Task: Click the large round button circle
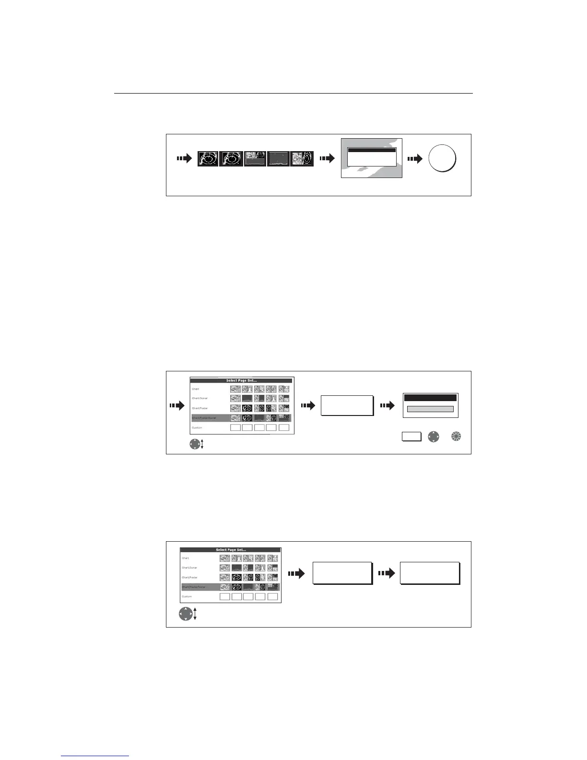[x=442, y=159]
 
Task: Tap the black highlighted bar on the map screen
[x=372, y=150]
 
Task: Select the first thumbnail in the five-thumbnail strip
[x=208, y=159]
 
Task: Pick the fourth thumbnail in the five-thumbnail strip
[x=278, y=159]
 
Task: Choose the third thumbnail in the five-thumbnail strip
[x=255, y=159]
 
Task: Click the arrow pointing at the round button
[x=414, y=159]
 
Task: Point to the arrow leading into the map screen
[x=328, y=159]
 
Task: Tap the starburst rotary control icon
[x=456, y=437]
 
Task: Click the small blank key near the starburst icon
[x=411, y=437]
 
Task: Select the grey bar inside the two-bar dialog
[x=430, y=409]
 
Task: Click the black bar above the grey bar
[x=430, y=398]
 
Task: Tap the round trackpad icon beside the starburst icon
[x=433, y=437]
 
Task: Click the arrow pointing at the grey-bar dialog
[x=387, y=405]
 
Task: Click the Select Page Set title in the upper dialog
[x=242, y=380]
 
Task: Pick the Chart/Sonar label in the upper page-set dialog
[x=200, y=398]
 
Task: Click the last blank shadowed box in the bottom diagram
[x=430, y=573]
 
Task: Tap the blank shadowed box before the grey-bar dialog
[x=346, y=405]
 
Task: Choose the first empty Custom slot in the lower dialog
[x=225, y=596]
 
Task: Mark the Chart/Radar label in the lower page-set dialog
[x=189, y=577]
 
